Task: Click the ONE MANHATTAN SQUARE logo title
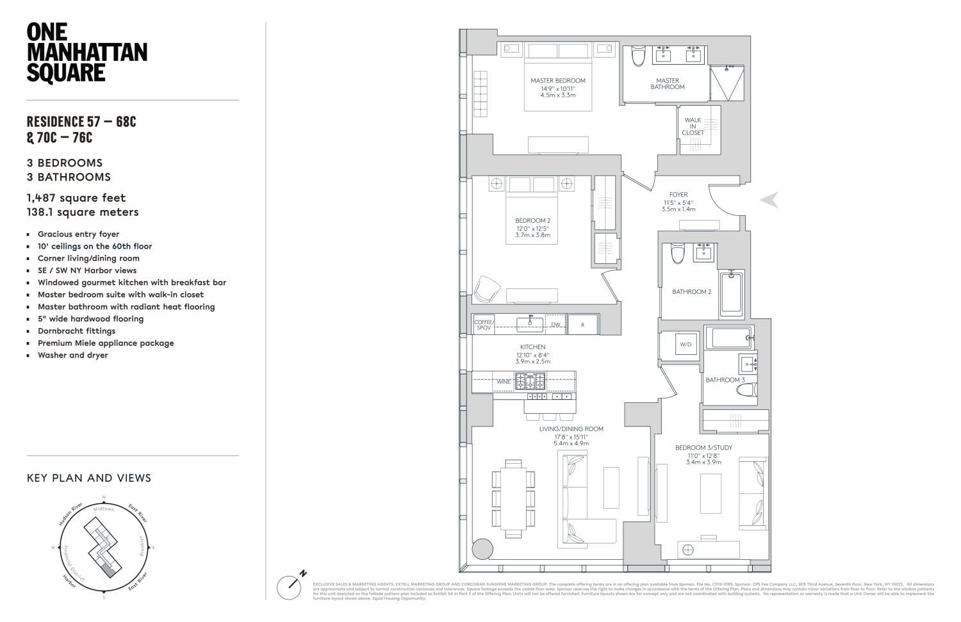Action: [x=86, y=53]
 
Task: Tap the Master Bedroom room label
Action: [x=557, y=81]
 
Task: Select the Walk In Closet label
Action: [x=693, y=126]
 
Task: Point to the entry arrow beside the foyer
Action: [x=769, y=200]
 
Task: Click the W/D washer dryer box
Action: [x=686, y=345]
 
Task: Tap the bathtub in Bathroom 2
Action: [x=731, y=292]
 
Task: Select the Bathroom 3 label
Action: [x=725, y=380]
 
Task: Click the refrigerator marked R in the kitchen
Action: [x=582, y=325]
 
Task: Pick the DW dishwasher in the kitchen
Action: [x=556, y=325]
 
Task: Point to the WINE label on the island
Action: [x=504, y=382]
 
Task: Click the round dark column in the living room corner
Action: [x=482, y=550]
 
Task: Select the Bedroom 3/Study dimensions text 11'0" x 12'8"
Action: [x=703, y=455]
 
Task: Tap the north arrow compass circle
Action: [x=289, y=587]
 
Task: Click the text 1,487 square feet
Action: [x=76, y=198]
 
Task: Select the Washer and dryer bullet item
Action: [x=72, y=355]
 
